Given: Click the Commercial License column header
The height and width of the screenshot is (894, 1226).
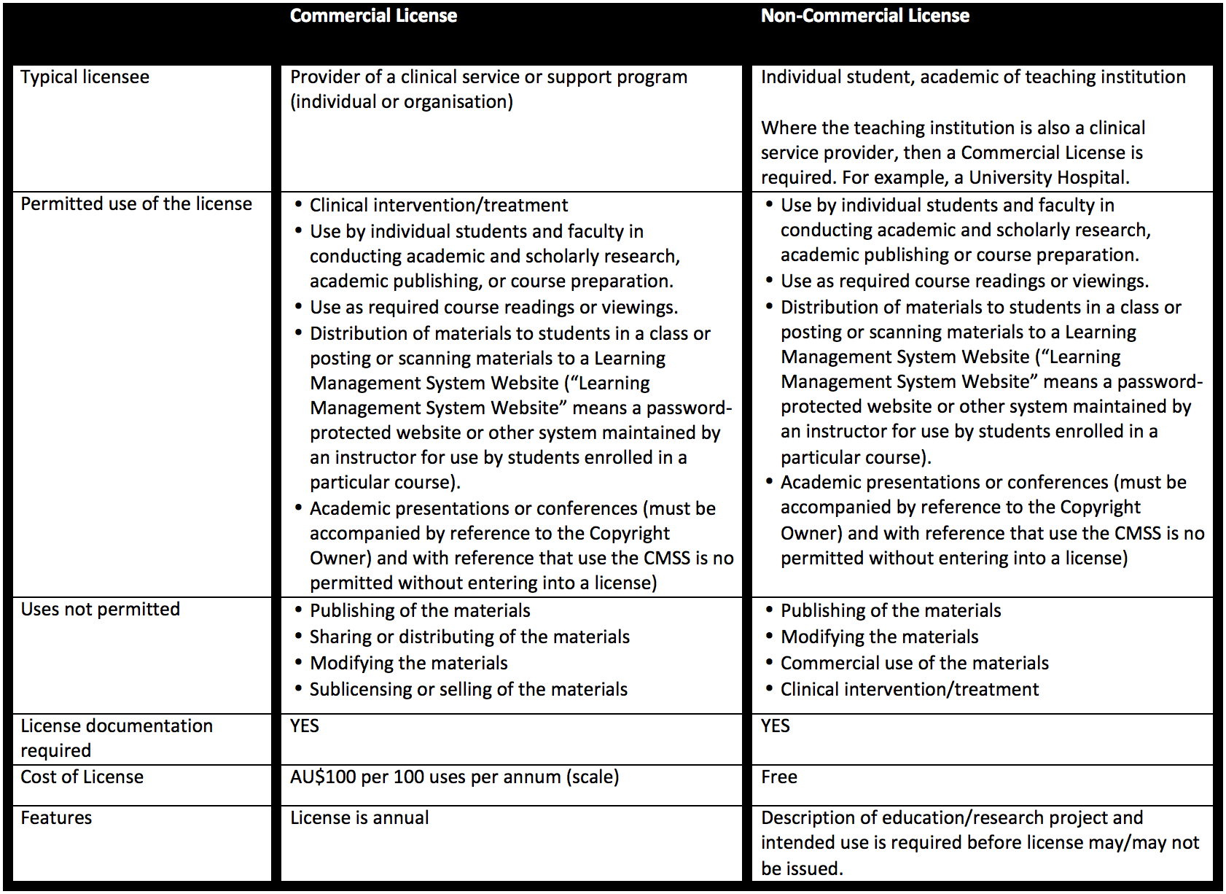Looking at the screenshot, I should pyautogui.click(x=373, y=16).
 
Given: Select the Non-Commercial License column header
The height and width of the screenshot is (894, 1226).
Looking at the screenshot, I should pyautogui.click(x=864, y=16).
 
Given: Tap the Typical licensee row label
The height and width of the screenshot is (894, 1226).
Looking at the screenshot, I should pyautogui.click(x=85, y=77).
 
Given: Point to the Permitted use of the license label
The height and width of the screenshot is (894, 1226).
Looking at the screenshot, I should pyautogui.click(x=136, y=204).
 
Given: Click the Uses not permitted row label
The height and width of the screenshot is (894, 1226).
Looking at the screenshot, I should pyautogui.click(x=100, y=610).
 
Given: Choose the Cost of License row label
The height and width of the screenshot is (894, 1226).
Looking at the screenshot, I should pyautogui.click(x=82, y=777).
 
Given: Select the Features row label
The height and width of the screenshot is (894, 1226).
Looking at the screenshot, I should pyautogui.click(x=56, y=818).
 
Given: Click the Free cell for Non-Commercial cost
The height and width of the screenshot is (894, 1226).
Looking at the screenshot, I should pyautogui.click(x=778, y=777).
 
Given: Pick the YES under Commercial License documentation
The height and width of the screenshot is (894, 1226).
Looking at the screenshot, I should pyautogui.click(x=304, y=726).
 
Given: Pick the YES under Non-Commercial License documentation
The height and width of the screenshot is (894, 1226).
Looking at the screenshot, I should pyautogui.click(x=775, y=726).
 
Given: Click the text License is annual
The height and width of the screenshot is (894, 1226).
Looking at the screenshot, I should pyautogui.click(x=359, y=818).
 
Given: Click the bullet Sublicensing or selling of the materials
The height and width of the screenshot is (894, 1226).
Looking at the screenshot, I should pyautogui.click(x=468, y=690).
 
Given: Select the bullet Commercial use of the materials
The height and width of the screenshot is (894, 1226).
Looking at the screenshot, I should pyautogui.click(x=914, y=664).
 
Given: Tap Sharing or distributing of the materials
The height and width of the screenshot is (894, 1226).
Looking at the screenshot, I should pyautogui.click(x=469, y=637).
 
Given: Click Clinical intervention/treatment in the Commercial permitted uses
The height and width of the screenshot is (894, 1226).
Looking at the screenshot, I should pyautogui.click(x=438, y=206).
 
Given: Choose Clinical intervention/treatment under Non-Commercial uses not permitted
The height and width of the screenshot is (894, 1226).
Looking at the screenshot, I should pyautogui.click(x=909, y=690).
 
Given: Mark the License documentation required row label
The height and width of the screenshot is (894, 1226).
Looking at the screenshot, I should pyautogui.click(x=117, y=738).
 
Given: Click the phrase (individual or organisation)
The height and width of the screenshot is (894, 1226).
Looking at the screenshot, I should pyautogui.click(x=402, y=102).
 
